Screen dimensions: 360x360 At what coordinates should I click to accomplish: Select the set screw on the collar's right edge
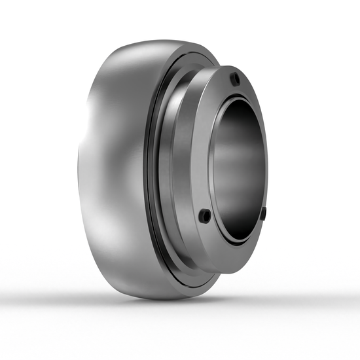264,213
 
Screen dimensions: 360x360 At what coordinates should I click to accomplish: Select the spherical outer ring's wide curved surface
111,164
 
